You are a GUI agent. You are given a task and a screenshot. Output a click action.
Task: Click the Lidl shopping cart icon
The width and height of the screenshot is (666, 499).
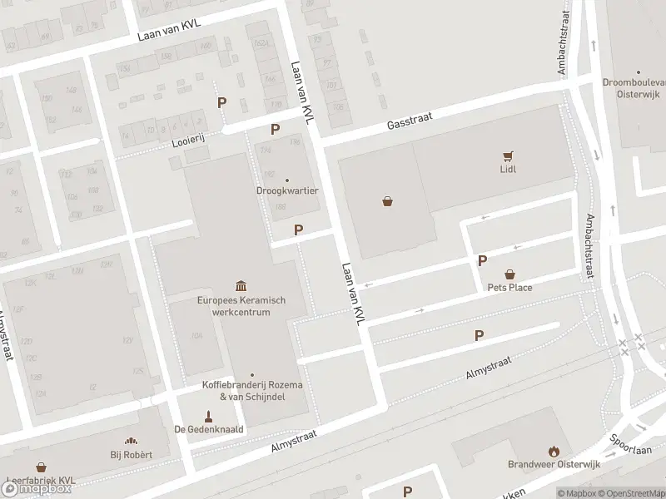pos(508,155)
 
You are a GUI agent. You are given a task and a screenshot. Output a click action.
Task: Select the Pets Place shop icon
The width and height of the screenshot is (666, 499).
pos(510,274)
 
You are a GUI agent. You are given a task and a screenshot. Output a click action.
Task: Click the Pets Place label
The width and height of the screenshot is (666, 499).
pos(509,288)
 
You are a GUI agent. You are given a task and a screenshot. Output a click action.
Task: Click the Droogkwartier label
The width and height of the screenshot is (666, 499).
pos(287,190)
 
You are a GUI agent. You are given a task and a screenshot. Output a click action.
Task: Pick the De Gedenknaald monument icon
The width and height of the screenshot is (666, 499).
pos(208,416)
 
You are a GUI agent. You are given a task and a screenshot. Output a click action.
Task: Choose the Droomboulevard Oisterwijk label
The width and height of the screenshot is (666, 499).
pos(634,87)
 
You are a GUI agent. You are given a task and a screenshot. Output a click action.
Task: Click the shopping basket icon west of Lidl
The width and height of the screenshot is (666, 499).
pos(387,200)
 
